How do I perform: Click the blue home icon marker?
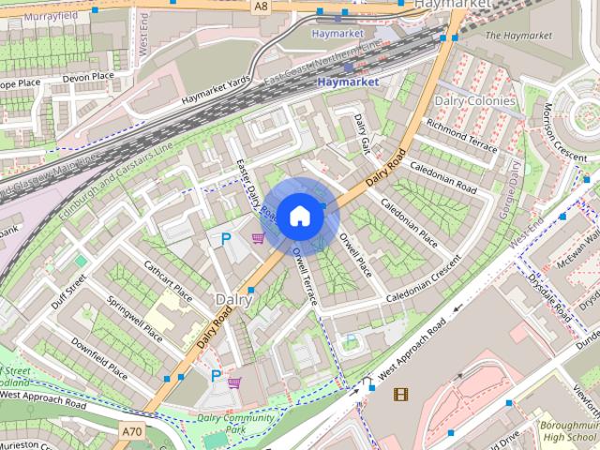(x=299, y=215)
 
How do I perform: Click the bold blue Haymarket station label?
(x=348, y=82)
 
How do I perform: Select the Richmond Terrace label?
(x=461, y=136)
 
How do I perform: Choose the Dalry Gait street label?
(x=363, y=136)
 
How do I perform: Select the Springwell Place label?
(x=135, y=320)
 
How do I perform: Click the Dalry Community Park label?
(x=233, y=424)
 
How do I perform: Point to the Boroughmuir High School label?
(x=568, y=432)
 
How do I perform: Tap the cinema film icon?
(x=401, y=394)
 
